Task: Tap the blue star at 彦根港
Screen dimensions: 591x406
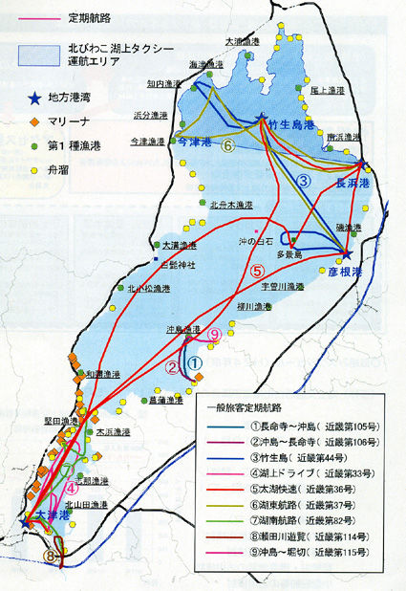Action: (348, 255)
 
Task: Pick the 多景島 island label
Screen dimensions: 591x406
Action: (288, 255)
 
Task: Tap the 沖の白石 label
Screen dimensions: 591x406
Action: (257, 241)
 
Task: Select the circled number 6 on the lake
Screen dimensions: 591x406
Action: (227, 146)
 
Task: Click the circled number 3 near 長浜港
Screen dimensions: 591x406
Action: (304, 181)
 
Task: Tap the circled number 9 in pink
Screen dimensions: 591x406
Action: (214, 334)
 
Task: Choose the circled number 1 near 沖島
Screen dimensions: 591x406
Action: (192, 362)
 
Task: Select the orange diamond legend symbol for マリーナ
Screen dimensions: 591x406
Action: (33, 121)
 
